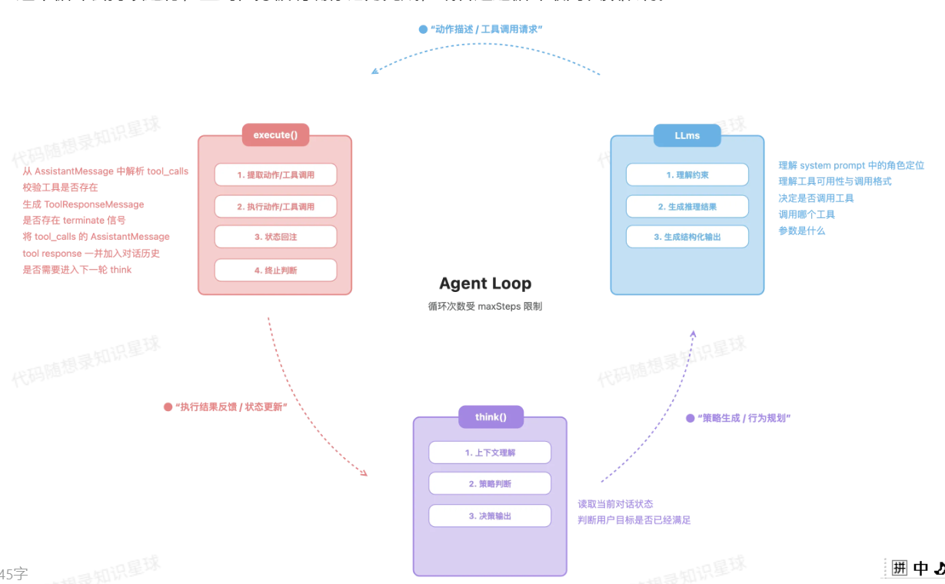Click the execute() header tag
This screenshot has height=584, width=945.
(275, 135)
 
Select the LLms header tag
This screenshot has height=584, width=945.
(687, 135)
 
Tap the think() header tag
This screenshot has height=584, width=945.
(491, 417)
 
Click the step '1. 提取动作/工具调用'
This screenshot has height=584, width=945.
(275, 174)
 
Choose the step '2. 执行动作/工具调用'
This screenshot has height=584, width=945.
(275, 206)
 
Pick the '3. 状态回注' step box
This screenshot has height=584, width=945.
(275, 237)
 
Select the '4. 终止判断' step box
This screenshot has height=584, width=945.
(275, 270)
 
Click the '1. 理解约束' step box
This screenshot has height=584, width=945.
(687, 174)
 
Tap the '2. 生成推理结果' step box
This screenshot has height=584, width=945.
(687, 206)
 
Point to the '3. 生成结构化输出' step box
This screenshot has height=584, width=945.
(687, 237)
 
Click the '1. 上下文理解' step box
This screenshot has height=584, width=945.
(490, 453)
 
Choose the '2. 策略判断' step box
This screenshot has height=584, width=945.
(490, 483)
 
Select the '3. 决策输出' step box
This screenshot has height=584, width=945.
(490, 516)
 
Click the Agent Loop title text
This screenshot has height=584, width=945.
(485, 284)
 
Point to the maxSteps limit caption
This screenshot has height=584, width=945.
(485, 306)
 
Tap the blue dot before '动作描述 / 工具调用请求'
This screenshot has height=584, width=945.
(423, 29)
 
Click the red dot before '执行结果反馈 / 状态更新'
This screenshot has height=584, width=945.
(168, 406)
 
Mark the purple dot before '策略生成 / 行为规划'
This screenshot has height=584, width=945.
(690, 418)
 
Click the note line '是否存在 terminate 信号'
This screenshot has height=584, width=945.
(74, 221)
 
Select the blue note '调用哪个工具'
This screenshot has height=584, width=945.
(806, 214)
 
